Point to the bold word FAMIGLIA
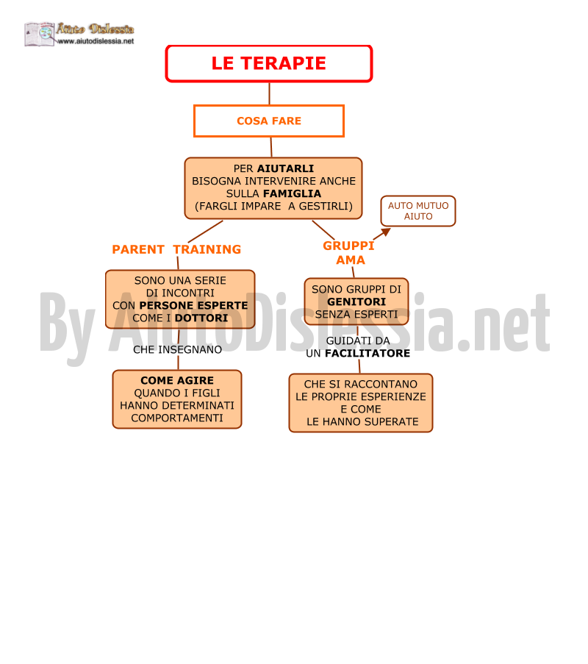[x=292, y=193]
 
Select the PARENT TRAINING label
[x=176, y=249]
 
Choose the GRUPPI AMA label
[x=349, y=253]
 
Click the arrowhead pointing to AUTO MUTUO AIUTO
[x=386, y=232]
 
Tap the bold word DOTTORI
[x=201, y=318]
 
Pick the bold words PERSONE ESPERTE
[x=193, y=305]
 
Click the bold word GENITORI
[x=356, y=302]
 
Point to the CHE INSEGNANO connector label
[x=177, y=350]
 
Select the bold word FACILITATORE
[x=367, y=353]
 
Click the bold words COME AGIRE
[x=177, y=380]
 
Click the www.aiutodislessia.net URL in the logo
[x=96, y=41]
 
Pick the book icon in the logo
[x=40, y=34]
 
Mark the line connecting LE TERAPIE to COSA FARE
[x=269, y=93]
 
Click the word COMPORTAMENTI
[x=177, y=418]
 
